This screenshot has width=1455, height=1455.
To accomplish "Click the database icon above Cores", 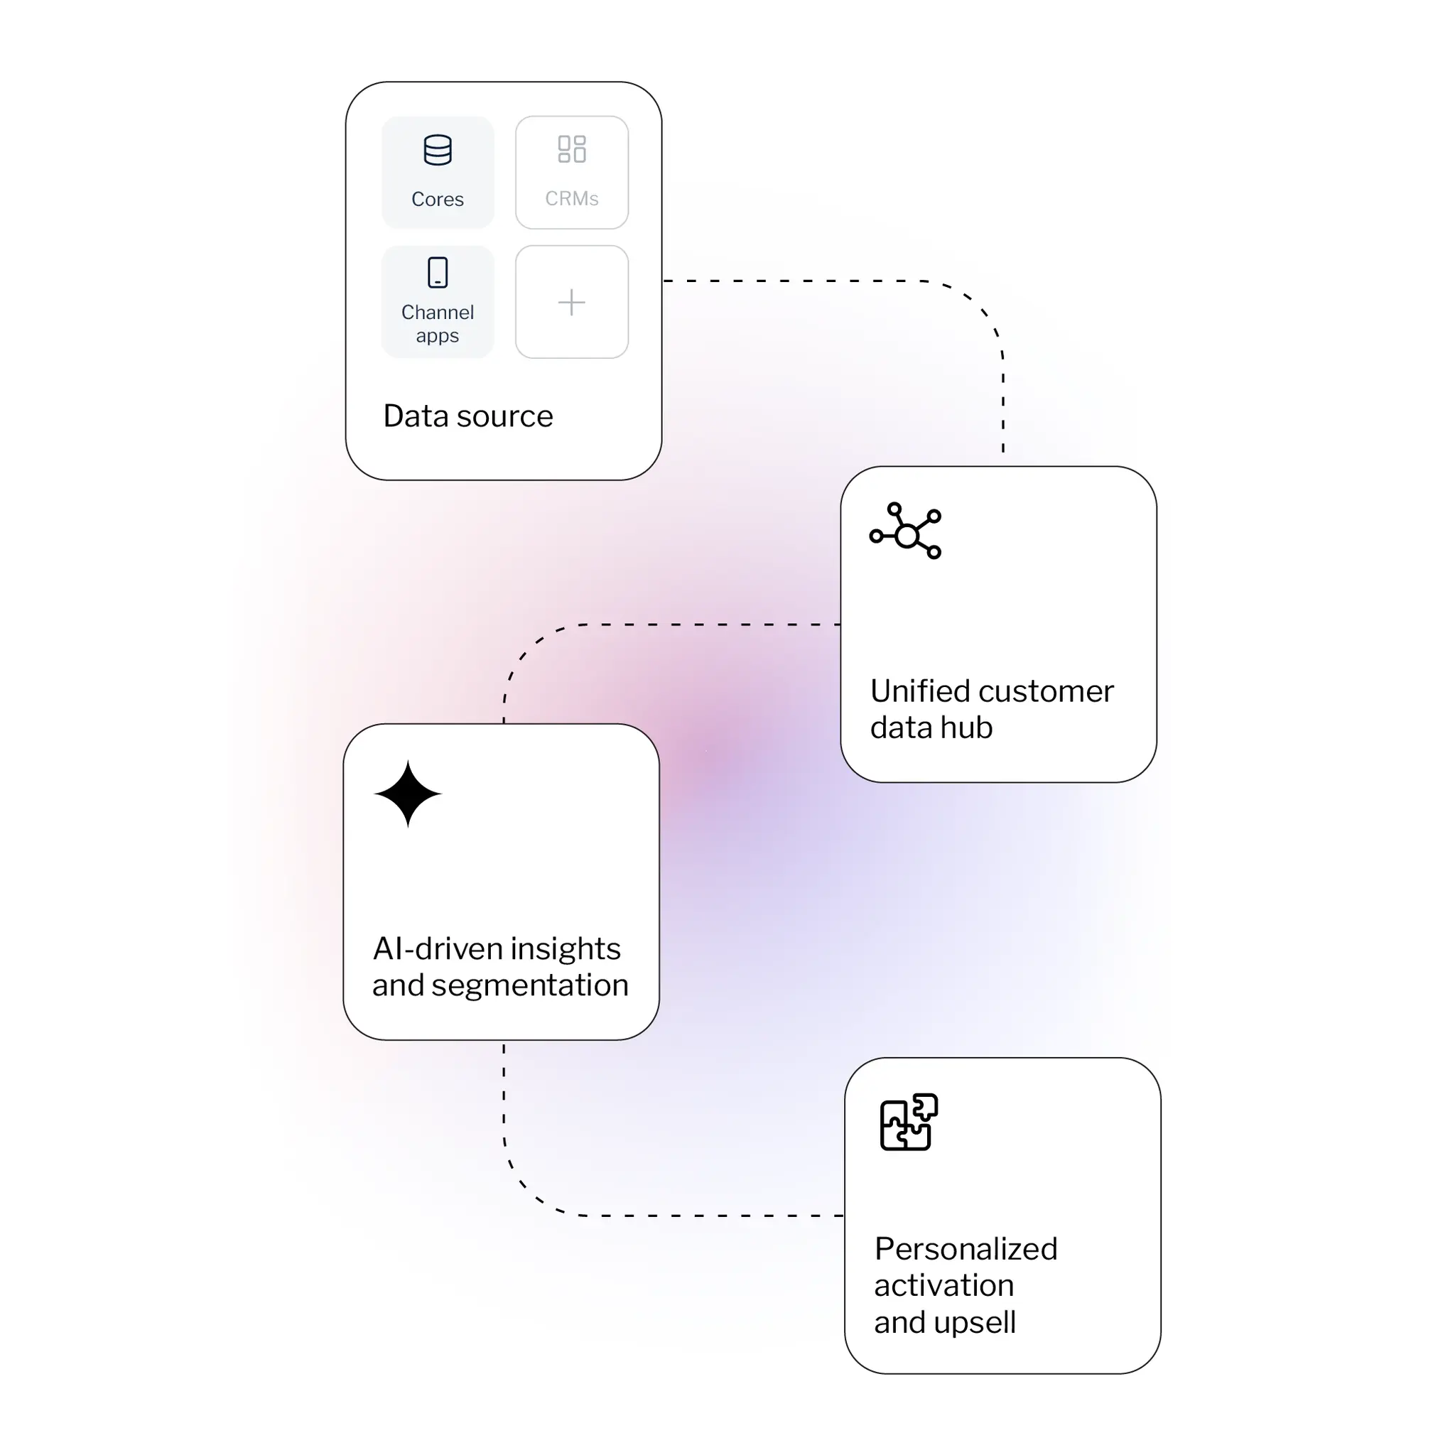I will point(438,150).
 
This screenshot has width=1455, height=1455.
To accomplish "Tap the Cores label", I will point(438,200).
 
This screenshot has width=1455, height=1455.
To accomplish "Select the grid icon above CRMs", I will point(572,149).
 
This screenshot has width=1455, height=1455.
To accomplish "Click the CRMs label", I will point(572,199).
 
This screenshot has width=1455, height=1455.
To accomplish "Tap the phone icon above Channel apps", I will point(438,273).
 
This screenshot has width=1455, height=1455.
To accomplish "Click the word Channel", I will point(438,313).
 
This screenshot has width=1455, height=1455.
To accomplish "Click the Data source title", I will point(467,416).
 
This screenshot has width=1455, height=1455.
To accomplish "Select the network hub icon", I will point(905,531).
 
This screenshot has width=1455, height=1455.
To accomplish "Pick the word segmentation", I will point(529,985).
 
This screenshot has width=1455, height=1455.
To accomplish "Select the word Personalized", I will point(966,1250).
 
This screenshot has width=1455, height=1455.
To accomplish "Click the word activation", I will point(943,1285).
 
